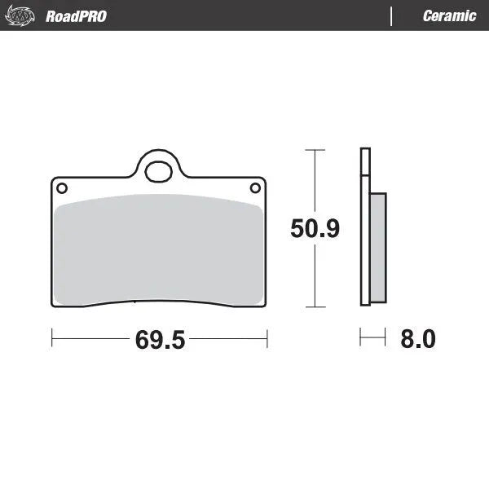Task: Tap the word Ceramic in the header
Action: tap(449, 16)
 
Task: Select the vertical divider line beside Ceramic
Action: tap(393, 16)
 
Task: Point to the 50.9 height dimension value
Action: tap(315, 229)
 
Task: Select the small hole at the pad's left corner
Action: tap(61, 188)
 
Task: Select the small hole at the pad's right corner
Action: tap(255, 188)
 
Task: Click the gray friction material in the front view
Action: tap(158, 249)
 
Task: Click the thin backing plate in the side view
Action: tap(364, 228)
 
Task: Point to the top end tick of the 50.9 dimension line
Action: tap(315, 150)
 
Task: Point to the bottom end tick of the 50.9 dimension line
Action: tap(315, 307)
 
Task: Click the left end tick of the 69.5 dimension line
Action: tap(52, 336)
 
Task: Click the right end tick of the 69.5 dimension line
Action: tap(267, 336)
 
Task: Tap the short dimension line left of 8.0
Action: tap(372, 336)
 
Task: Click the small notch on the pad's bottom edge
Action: tap(134, 304)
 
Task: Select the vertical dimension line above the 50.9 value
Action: tap(315, 183)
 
